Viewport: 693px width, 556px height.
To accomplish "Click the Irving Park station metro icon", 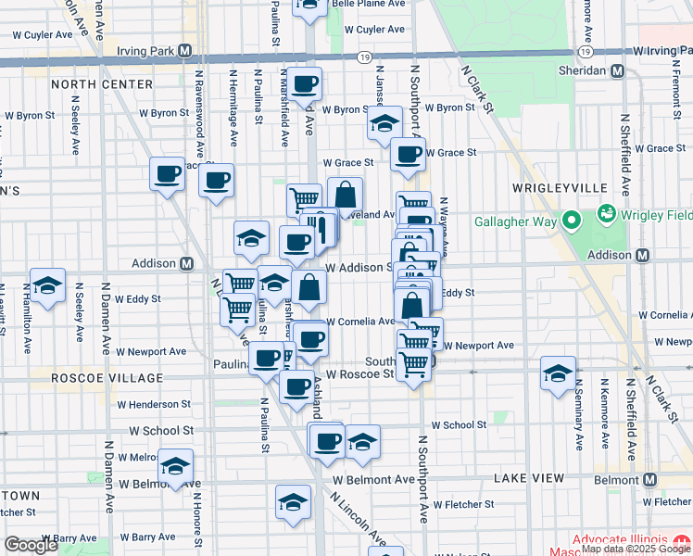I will coord(185,50).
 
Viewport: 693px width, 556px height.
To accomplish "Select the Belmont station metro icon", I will coord(649,480).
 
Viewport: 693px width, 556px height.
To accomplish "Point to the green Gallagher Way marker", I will coord(573,221).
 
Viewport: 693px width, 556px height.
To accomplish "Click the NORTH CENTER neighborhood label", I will coord(102,84).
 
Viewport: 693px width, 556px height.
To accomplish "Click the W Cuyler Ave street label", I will coord(42,34).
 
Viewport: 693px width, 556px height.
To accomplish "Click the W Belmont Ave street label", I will coord(374,480).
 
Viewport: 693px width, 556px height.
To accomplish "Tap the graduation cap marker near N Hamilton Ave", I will coord(48,286).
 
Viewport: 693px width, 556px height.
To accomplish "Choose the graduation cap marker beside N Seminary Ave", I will coord(558,374).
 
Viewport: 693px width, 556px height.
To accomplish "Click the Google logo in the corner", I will coord(31,545).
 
